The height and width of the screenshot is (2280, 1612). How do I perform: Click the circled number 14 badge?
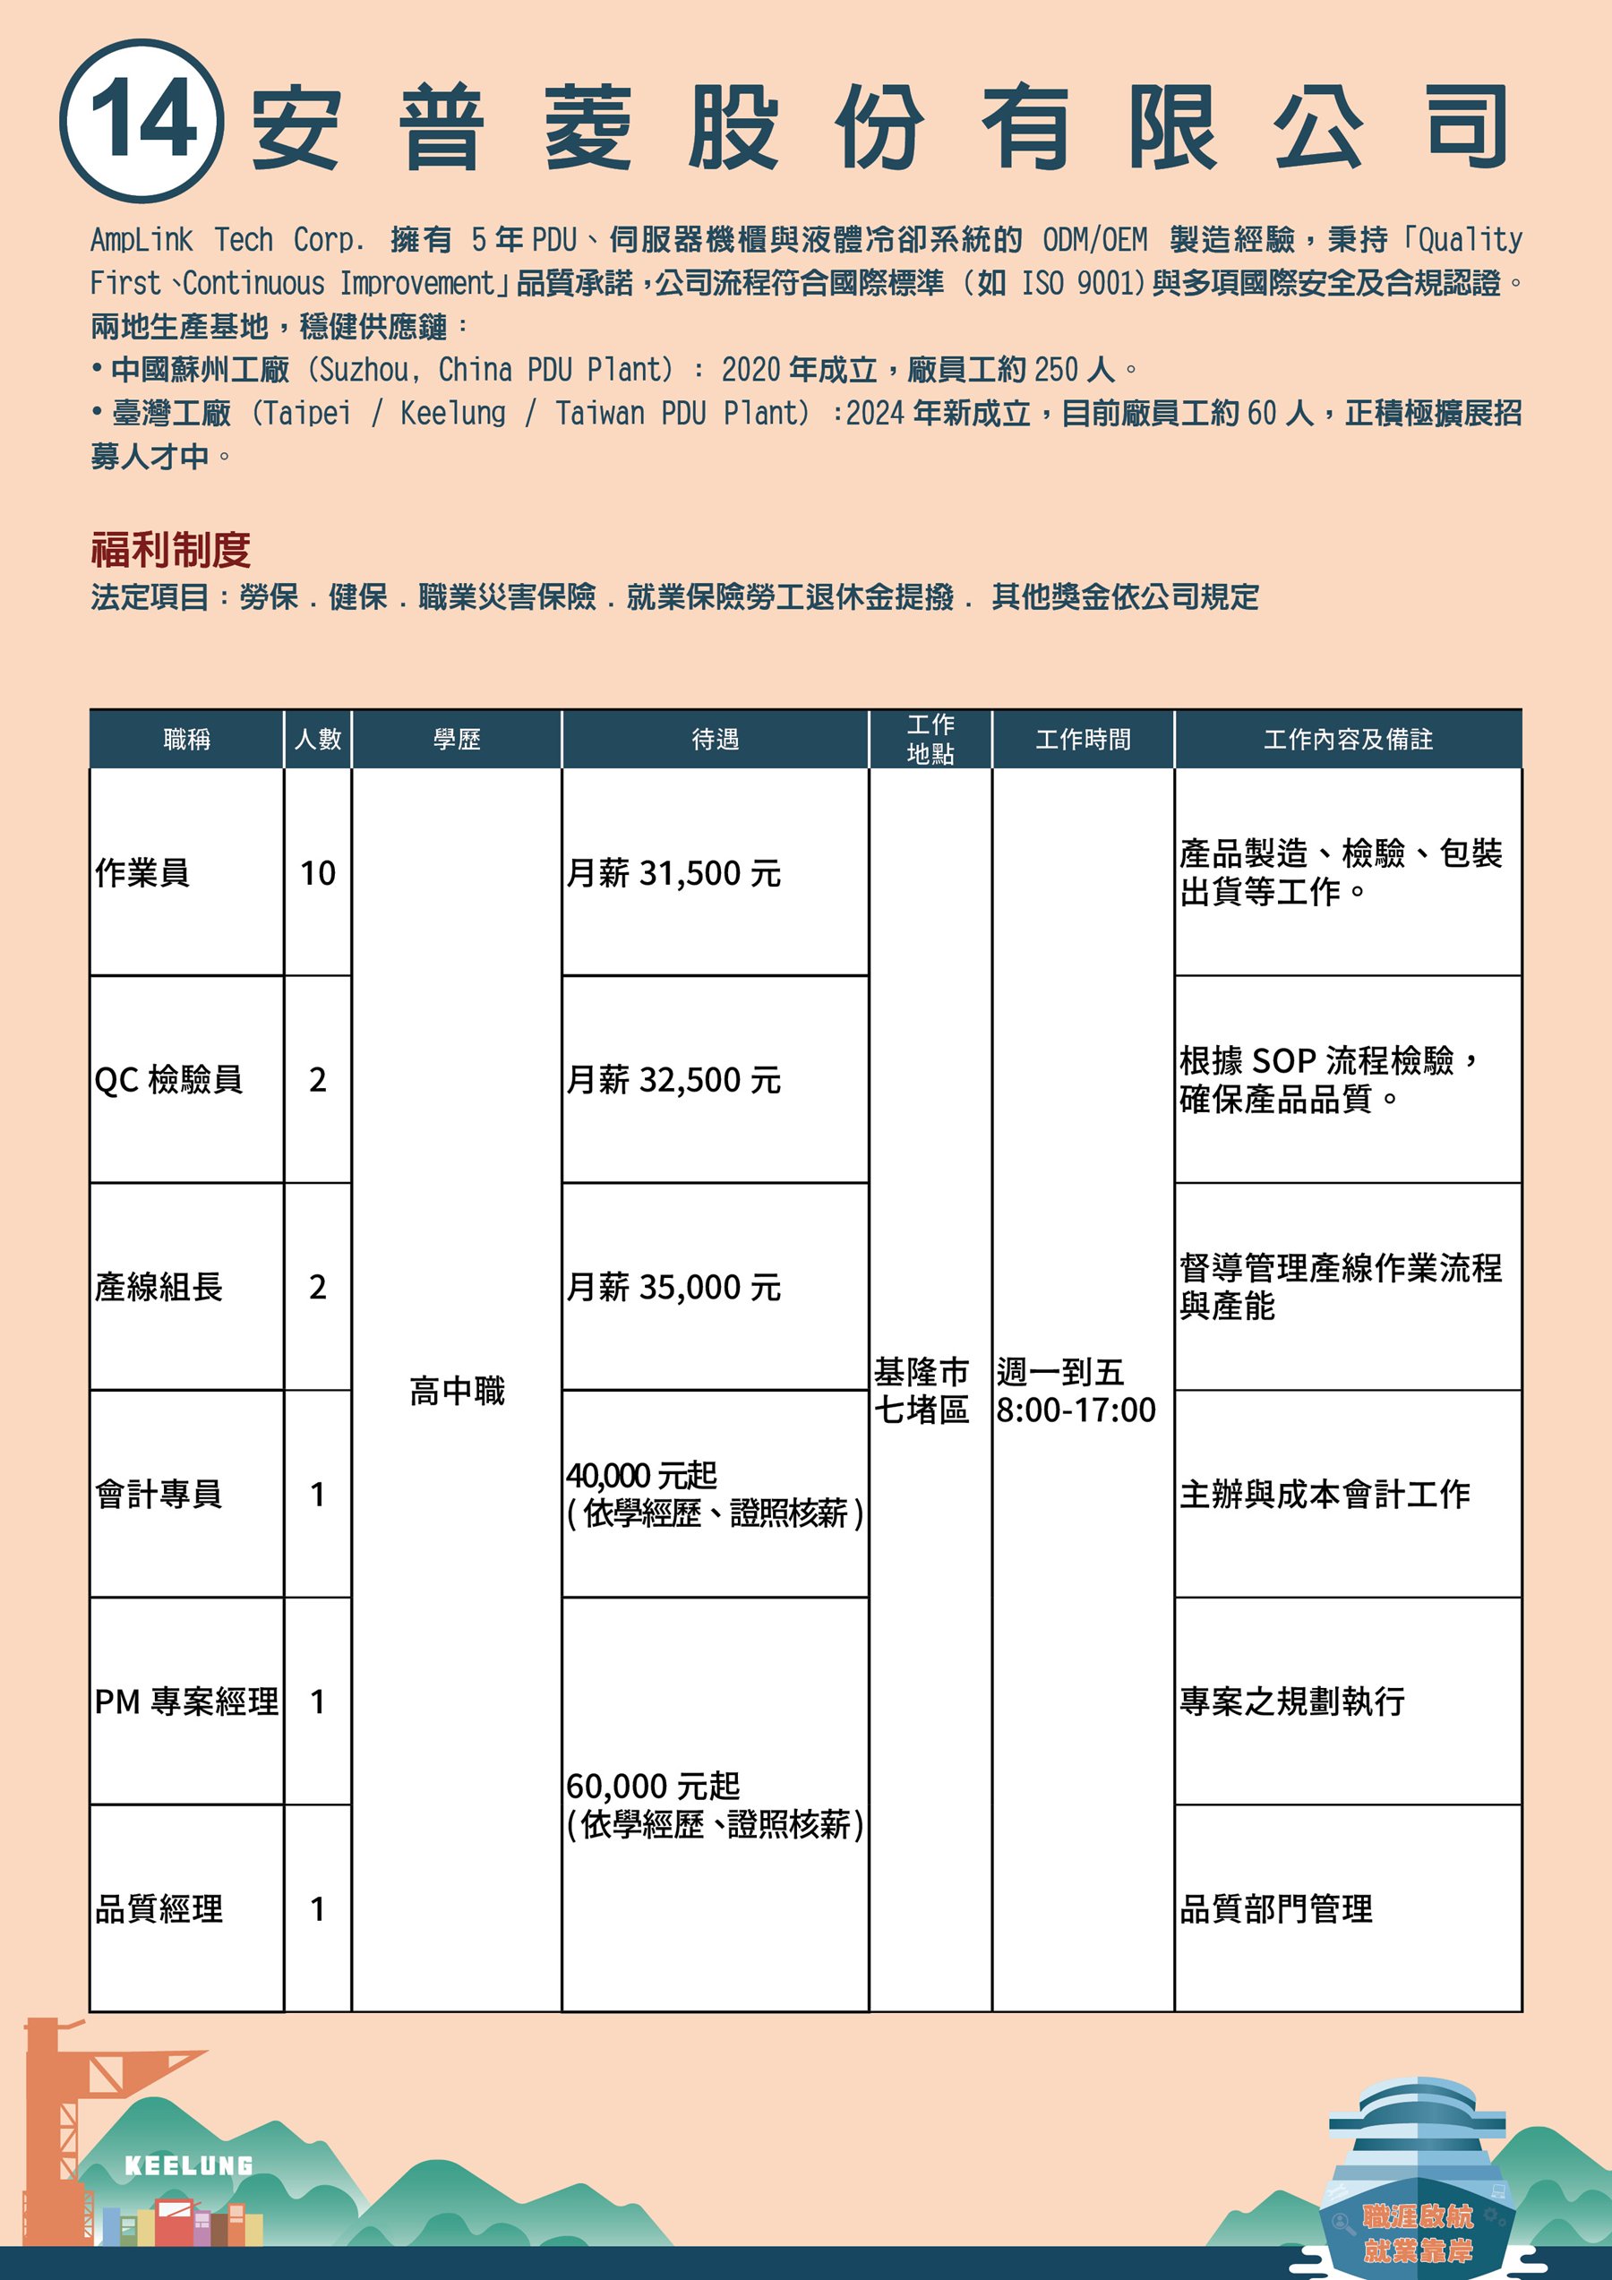[x=141, y=121]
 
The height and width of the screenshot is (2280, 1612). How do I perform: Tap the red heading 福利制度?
[x=170, y=549]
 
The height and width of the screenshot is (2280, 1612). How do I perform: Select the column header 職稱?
[x=187, y=739]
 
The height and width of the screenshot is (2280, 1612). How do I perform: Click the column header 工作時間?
[x=1083, y=739]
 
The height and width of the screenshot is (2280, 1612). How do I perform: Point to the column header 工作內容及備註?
[x=1348, y=739]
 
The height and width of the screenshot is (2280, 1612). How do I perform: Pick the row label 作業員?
[x=142, y=873]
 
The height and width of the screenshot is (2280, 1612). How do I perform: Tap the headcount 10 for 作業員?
[x=318, y=873]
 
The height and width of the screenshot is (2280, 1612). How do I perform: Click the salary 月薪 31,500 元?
[x=673, y=873]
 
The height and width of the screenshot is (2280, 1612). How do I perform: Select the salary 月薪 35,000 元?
[x=673, y=1287]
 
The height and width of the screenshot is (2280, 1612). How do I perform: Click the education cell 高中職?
[x=457, y=1390]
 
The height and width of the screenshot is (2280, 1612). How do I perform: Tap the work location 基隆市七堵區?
[x=922, y=1390]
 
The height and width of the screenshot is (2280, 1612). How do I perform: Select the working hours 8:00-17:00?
[x=1076, y=1410]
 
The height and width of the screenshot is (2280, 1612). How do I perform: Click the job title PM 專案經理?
[x=187, y=1701]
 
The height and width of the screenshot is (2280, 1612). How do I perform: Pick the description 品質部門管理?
[x=1275, y=1908]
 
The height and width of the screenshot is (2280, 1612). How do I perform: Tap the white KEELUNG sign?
[x=189, y=2165]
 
